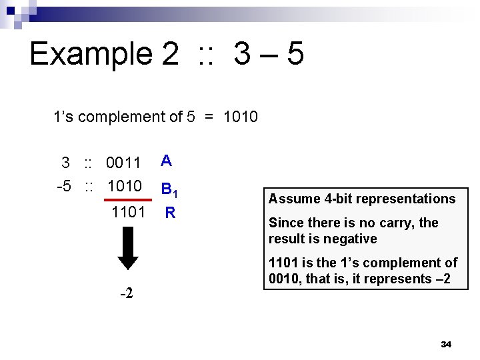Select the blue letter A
click(x=167, y=160)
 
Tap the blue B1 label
click(x=169, y=192)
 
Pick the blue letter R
click(x=170, y=213)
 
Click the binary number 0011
click(x=123, y=163)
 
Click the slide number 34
click(x=446, y=344)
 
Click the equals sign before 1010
click(x=209, y=117)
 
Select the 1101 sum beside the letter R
click(x=128, y=213)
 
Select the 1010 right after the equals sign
click(x=240, y=117)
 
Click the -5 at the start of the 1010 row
click(x=65, y=185)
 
